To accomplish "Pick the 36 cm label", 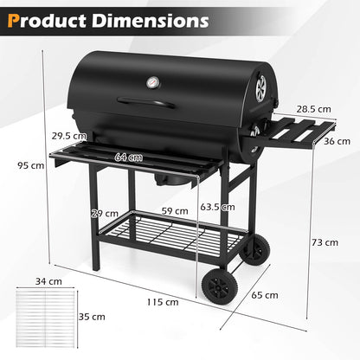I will tap(338, 141).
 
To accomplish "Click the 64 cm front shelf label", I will tap(129, 158).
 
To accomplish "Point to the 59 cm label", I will tap(174, 210).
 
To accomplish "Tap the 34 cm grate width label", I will tap(42, 281).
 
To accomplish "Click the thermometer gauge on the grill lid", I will tap(152, 83).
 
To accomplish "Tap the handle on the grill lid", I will tap(148, 104).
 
